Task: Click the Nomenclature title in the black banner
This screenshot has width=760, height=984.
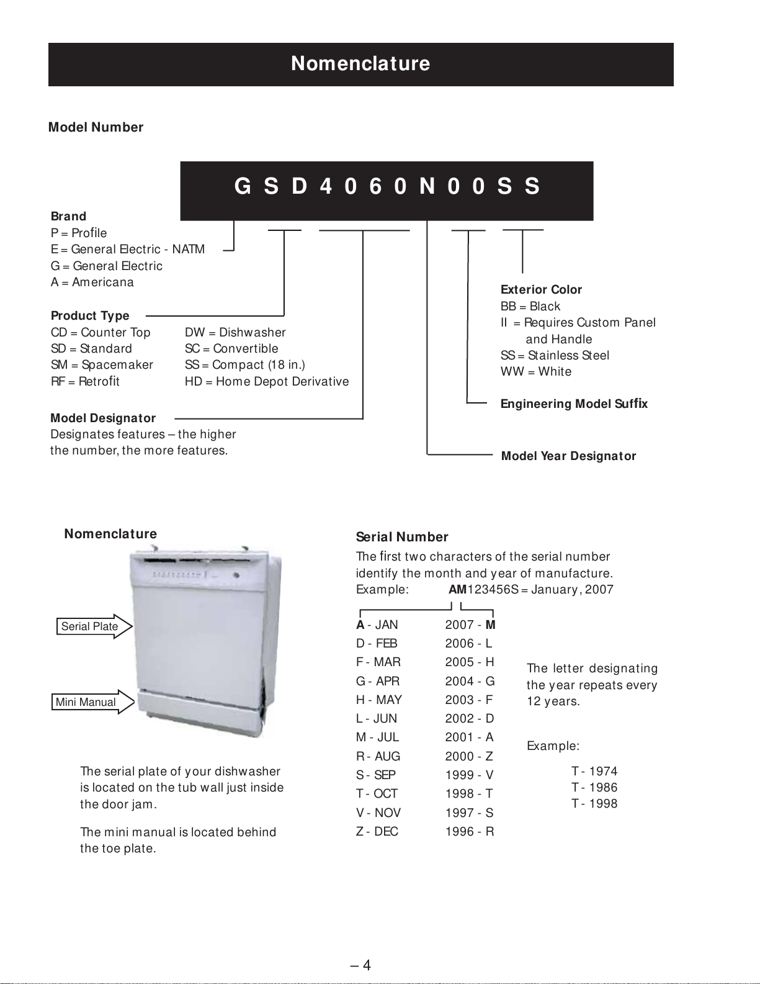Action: (360, 63)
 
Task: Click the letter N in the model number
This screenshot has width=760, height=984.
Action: (427, 186)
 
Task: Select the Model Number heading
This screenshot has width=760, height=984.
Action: (96, 127)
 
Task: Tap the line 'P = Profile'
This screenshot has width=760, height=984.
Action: (79, 233)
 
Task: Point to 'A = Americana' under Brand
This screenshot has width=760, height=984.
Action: (92, 282)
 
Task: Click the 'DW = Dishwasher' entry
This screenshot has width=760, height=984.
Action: (235, 333)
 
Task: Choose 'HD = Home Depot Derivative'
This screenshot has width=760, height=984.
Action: (267, 382)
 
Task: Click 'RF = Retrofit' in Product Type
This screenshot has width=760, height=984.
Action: (85, 382)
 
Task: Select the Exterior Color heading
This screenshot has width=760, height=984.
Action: (541, 290)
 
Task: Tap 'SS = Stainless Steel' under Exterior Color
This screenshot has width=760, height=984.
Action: (555, 356)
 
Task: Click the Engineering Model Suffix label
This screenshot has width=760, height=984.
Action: (574, 404)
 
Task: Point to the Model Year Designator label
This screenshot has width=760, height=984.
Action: (568, 456)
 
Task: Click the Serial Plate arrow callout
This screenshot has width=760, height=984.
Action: (94, 626)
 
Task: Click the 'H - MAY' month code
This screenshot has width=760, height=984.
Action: (378, 700)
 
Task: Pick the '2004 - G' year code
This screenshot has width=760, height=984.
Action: (470, 682)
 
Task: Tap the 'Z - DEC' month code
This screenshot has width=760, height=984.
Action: (377, 832)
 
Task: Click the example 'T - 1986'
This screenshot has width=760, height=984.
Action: (594, 788)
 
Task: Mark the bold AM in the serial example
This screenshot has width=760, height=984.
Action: (457, 590)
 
